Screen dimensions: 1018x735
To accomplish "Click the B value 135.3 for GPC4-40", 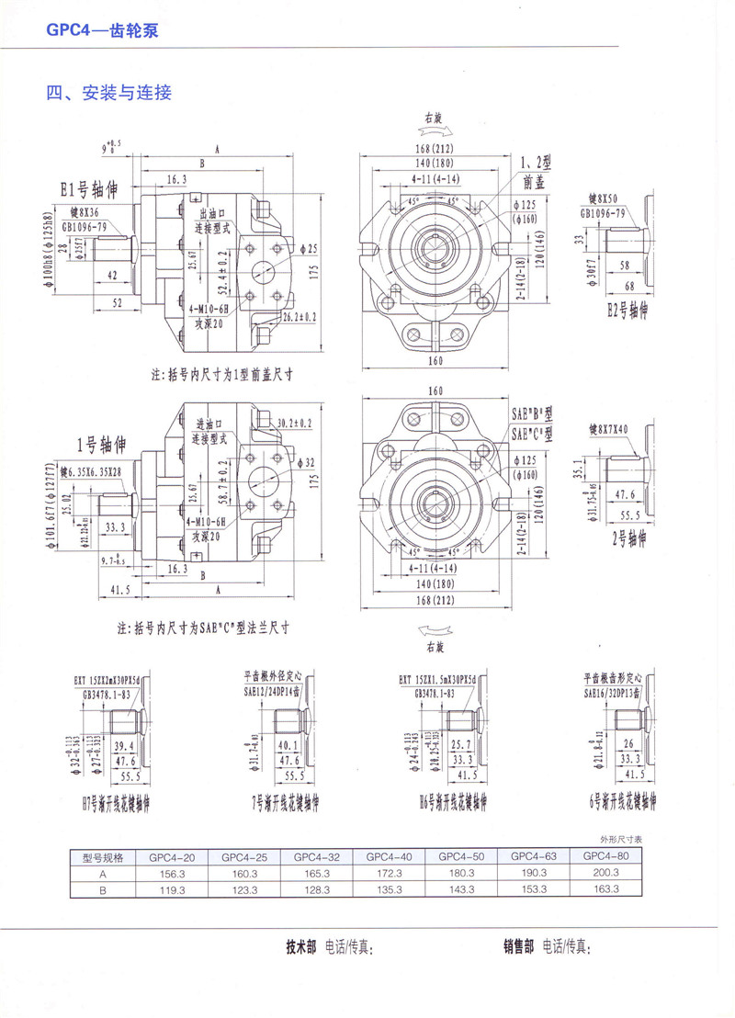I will pos(389,889).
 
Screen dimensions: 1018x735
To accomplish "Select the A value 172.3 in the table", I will pos(389,873).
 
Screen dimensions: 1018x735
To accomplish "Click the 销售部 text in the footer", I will pos(518,946).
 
